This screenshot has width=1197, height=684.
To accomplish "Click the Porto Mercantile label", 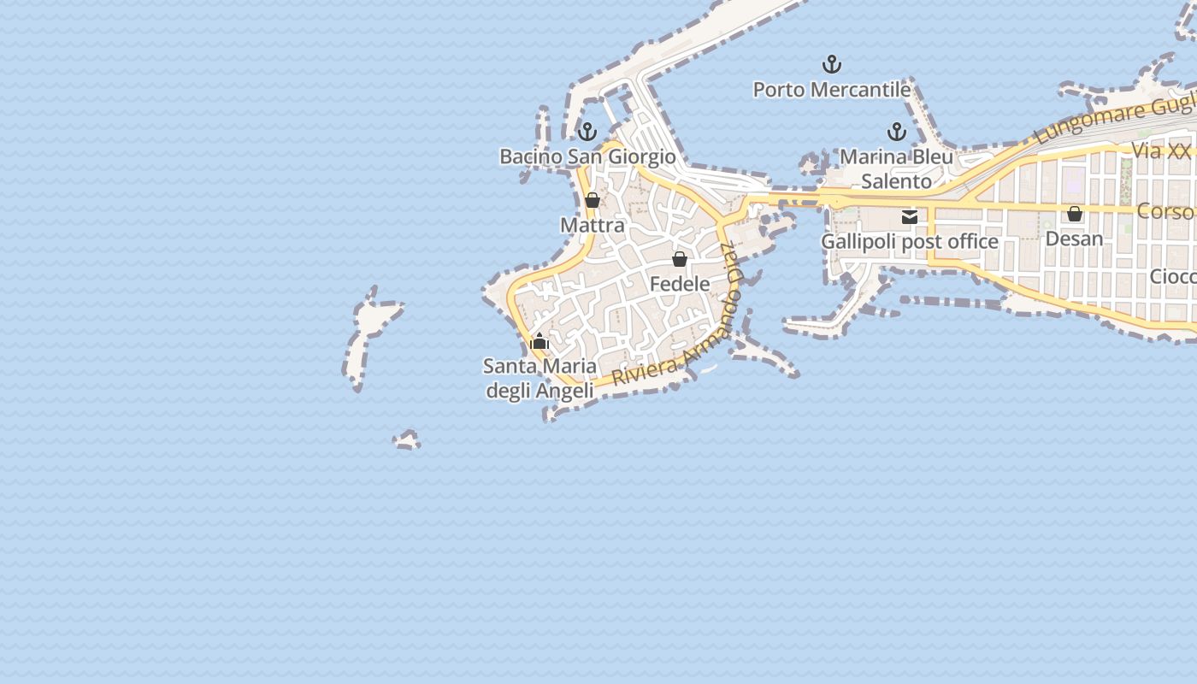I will [831, 90].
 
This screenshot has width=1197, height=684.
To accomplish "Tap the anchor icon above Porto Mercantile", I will [831, 64].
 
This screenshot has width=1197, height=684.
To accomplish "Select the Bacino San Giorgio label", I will [587, 157].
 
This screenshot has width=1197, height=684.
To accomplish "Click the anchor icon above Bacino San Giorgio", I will [587, 132].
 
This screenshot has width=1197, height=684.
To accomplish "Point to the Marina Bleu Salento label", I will [896, 169].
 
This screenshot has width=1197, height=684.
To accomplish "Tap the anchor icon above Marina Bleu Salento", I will [896, 132].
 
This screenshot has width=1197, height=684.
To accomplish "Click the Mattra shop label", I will [593, 226].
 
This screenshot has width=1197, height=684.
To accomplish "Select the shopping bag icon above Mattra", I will [592, 201].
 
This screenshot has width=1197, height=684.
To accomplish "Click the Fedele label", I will [680, 284].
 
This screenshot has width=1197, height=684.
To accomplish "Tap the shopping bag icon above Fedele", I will [680, 259].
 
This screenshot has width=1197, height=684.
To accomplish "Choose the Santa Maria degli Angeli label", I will [540, 379].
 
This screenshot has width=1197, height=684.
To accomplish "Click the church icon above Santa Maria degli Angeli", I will [540, 342].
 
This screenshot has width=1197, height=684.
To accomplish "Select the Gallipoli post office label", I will [910, 242].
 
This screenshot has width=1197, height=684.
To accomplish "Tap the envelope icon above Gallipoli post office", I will [910, 217].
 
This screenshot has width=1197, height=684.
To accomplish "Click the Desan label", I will [1074, 239].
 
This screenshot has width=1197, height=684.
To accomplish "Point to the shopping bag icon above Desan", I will [1074, 214].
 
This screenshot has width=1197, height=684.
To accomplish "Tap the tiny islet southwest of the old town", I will [407, 440].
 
